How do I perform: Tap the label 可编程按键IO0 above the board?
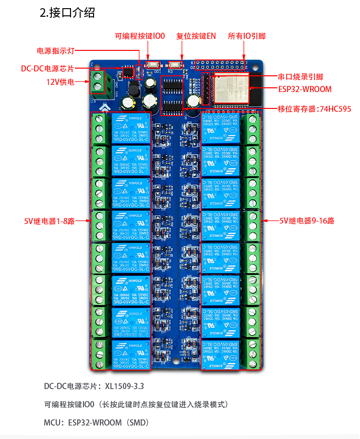tap(140, 36)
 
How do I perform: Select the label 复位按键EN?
tap(196, 36)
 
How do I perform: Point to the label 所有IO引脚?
tap(247, 36)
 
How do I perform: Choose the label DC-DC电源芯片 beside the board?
tap(48, 68)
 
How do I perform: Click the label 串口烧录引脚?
tap(300, 77)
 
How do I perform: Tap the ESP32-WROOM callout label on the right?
tap(305, 89)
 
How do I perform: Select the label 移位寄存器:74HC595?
tap(314, 109)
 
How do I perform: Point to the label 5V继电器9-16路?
tap(307, 221)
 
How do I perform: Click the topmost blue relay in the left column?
tap(131, 129)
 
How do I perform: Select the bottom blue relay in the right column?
tap(220, 354)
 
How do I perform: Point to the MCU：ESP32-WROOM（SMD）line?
tap(96, 423)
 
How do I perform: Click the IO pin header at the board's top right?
tap(221, 65)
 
